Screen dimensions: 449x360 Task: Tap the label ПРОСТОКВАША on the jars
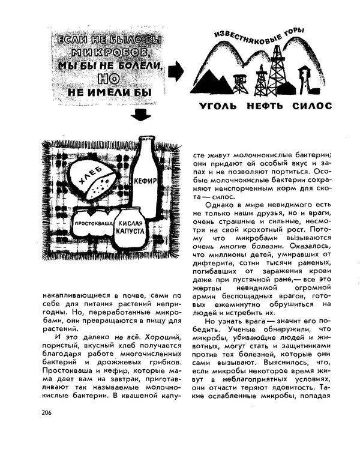coord(94,223)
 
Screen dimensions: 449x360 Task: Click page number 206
coord(48,412)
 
